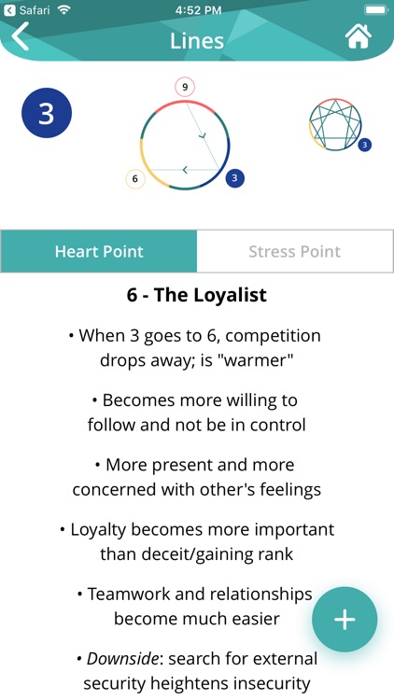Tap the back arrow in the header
[21, 36]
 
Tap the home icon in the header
[359, 36]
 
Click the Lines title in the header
[197, 41]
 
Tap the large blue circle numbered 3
[47, 113]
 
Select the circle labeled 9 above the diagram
[185, 87]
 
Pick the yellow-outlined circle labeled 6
[134, 179]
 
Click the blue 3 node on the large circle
[235, 178]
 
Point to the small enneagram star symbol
[335, 124]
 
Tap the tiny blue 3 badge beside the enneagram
[364, 145]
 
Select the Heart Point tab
[99, 251]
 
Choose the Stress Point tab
[295, 251]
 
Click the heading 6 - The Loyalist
[197, 295]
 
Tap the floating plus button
[345, 619]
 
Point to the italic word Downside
[122, 659]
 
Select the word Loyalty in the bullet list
[99, 530]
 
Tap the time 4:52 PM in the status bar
[198, 10]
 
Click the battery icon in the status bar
[376, 10]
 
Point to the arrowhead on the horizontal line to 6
[185, 170]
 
